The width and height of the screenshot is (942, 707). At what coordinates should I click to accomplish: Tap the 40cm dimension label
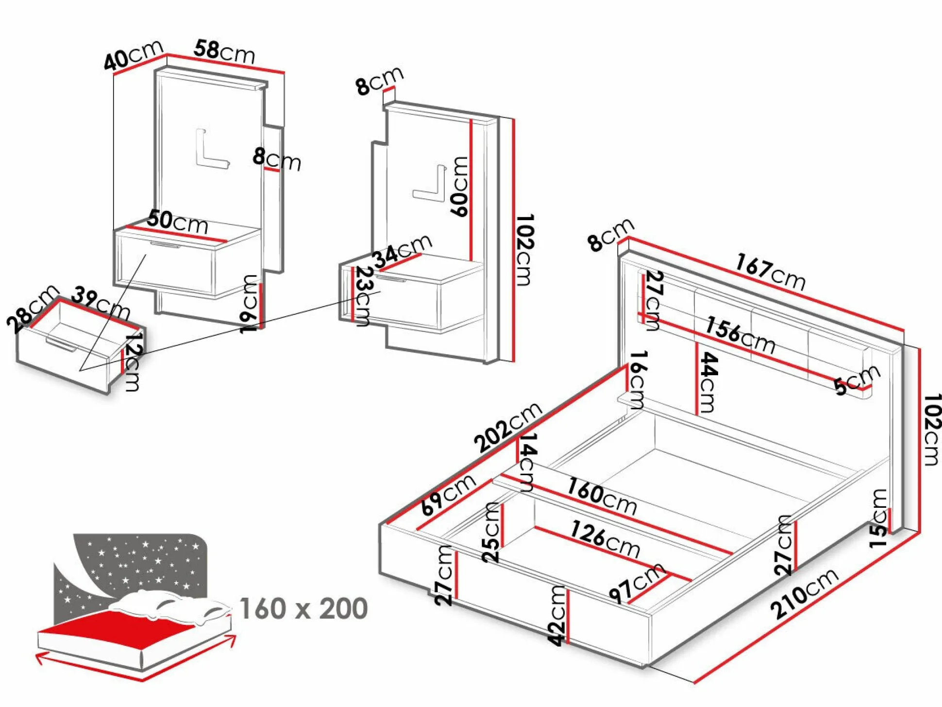coord(134,54)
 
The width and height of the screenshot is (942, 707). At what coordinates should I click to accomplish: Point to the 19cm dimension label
coord(249,303)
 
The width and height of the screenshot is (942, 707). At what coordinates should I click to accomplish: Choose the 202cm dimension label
coord(507,427)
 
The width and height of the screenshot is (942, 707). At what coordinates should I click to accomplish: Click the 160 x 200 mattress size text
coord(303,609)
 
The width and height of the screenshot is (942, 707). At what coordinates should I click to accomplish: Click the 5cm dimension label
coord(857,379)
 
